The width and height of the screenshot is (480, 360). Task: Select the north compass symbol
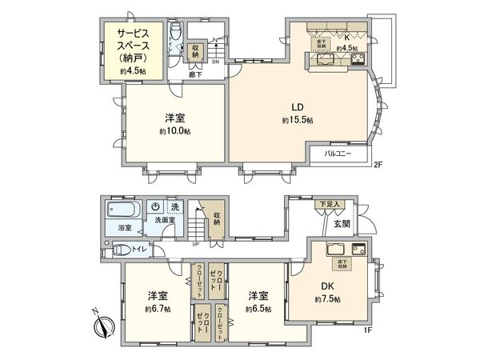pyautogui.click(x=103, y=324)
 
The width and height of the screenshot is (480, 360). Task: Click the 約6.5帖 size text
pyautogui.click(x=258, y=308)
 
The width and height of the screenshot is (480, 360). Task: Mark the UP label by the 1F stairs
pyautogui.click(x=196, y=244)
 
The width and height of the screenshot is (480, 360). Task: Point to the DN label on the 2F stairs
pyautogui.click(x=214, y=62)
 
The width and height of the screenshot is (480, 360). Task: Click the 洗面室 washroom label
pyautogui.click(x=165, y=220)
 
